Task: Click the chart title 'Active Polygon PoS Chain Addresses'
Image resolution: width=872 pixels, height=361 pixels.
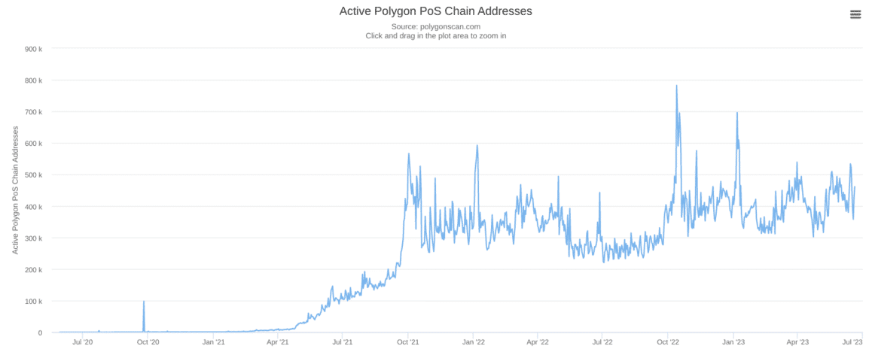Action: [436, 11]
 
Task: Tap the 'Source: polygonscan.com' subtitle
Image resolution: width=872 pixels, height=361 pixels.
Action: [436, 26]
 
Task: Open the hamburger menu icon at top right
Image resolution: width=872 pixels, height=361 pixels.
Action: [855, 14]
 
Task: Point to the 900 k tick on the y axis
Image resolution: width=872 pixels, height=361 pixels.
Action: [33, 49]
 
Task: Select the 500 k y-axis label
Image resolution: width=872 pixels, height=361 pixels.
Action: [33, 175]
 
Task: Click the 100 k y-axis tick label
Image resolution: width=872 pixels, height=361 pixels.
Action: [33, 302]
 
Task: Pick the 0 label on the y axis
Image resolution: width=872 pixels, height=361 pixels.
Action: [39, 333]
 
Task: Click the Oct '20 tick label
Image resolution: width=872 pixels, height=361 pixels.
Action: [148, 342]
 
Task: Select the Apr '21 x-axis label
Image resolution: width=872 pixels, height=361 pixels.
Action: [278, 342]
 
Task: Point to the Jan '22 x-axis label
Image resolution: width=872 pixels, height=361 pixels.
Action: [473, 342]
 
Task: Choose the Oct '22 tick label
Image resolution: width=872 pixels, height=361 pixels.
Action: [668, 342]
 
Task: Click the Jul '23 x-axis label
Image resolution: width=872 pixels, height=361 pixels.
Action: [852, 342]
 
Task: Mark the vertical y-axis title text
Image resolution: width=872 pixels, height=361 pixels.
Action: [16, 190]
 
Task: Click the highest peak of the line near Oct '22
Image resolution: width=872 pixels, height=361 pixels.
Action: [676, 85]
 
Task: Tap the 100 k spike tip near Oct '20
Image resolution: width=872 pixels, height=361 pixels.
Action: [144, 302]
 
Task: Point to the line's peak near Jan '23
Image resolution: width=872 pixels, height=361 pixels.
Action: [737, 113]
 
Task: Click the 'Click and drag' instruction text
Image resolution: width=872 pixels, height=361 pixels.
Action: [436, 35]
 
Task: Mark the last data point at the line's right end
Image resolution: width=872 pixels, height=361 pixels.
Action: [855, 187]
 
